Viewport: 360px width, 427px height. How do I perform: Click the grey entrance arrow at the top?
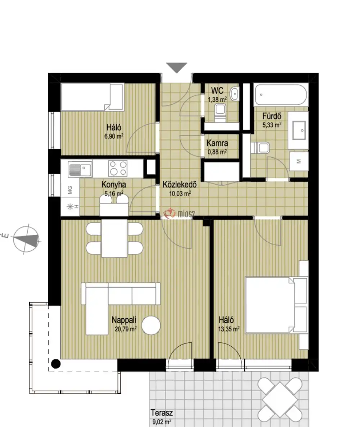pyautogui.click(x=177, y=67)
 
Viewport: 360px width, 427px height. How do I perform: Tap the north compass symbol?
pyautogui.click(x=26, y=239)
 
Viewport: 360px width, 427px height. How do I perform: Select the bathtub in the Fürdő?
pyautogui.click(x=281, y=94)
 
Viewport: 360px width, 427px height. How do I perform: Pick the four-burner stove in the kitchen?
pyautogui.click(x=118, y=168)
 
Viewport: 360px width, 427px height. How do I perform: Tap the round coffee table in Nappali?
pyautogui.click(x=151, y=325)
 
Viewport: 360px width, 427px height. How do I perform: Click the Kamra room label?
pyautogui.click(x=217, y=143)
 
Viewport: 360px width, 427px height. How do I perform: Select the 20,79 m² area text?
pyautogui.click(x=126, y=329)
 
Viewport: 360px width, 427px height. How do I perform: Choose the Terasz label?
pyautogui.click(x=162, y=413)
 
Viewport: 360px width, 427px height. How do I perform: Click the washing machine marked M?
pyautogui.click(x=298, y=162)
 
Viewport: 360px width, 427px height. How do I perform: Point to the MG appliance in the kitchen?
pyautogui.click(x=70, y=190)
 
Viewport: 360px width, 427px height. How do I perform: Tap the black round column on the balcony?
pyautogui.click(x=56, y=364)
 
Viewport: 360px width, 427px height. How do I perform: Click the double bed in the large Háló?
pyautogui.click(x=276, y=305)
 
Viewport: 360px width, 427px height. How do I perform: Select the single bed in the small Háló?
pyautogui.click(x=92, y=97)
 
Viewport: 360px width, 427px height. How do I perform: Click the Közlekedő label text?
pyautogui.click(x=179, y=184)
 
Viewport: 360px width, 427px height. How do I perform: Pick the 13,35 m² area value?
pyautogui.click(x=229, y=329)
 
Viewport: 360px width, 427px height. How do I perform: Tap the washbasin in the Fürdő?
pyautogui.click(x=298, y=130)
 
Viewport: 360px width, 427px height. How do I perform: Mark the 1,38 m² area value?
pyautogui.click(x=217, y=99)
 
